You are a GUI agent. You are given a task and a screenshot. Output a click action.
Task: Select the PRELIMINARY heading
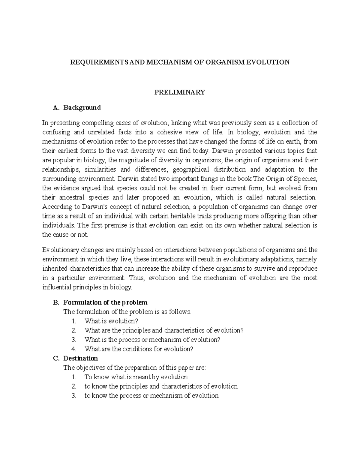point(179,92)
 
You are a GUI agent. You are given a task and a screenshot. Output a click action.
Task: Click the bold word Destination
point(80,358)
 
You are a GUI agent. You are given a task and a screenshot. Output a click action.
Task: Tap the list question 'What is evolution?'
point(111,321)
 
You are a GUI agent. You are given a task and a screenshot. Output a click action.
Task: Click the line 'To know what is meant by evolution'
point(136,377)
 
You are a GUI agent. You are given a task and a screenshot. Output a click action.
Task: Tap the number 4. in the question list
point(74,349)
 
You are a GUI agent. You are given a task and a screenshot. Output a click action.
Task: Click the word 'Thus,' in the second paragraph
point(138,278)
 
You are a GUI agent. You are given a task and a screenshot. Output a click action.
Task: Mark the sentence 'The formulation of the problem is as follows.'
point(127,312)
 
